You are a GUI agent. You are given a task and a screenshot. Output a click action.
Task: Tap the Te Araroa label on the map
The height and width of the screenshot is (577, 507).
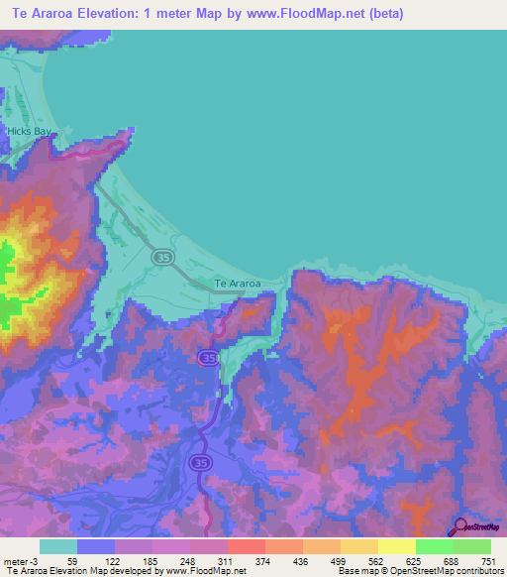tap(238, 284)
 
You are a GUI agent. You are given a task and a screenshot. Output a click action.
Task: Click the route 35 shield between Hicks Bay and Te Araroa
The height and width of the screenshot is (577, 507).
tap(161, 258)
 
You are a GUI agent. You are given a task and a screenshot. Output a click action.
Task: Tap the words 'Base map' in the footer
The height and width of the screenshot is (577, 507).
tap(355, 572)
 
